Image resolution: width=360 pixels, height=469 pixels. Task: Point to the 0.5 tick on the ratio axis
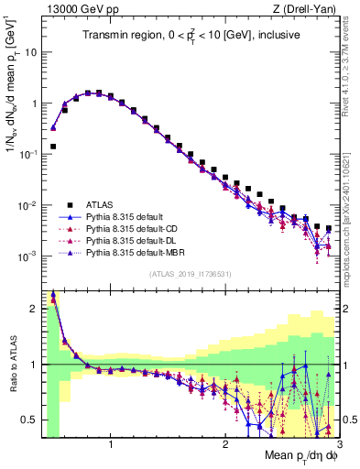click(30, 420)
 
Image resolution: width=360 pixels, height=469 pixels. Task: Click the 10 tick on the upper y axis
click(28, 52)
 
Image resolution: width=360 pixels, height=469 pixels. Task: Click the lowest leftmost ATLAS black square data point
click(53, 146)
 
